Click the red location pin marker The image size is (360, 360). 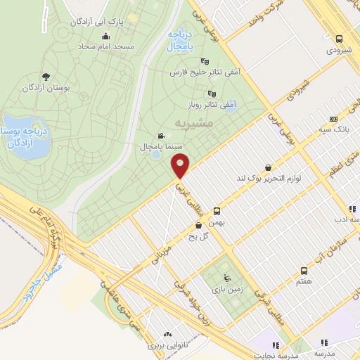coord(181,166)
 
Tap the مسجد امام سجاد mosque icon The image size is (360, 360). coord(106,37)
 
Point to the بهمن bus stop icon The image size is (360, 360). coord(217,210)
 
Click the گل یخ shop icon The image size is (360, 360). coord(200,225)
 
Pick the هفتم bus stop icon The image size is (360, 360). coord(304,270)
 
